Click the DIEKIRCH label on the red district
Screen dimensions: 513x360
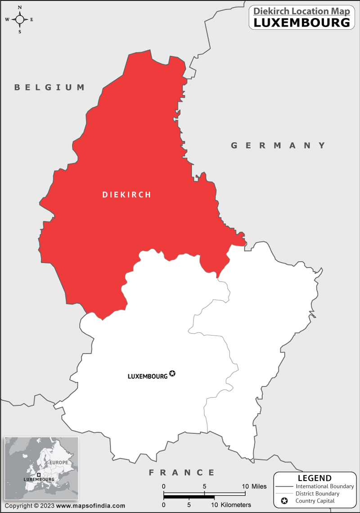[x=126, y=195]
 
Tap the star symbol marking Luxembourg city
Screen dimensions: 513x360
[x=172, y=373]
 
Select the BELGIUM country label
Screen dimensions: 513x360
[x=49, y=87]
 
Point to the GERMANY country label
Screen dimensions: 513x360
[x=278, y=145]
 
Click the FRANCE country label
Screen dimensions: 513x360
[x=182, y=472]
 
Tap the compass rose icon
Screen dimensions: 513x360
[x=20, y=19]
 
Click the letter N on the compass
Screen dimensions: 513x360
[x=20, y=8]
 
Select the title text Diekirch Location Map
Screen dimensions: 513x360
[x=301, y=11]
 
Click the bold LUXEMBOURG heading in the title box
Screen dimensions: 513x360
[x=301, y=23]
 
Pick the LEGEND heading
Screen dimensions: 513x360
[x=315, y=478]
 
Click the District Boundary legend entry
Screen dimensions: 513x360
[x=317, y=494]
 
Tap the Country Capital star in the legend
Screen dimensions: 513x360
[x=284, y=501]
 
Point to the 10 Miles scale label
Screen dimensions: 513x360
[x=254, y=486]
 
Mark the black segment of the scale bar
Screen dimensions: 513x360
[x=189, y=497]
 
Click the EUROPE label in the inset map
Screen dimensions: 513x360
[x=59, y=463]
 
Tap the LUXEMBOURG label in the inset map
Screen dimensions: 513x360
[x=39, y=480]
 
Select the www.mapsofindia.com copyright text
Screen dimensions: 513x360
[x=90, y=506]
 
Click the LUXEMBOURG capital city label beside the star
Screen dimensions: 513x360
[x=148, y=376]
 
